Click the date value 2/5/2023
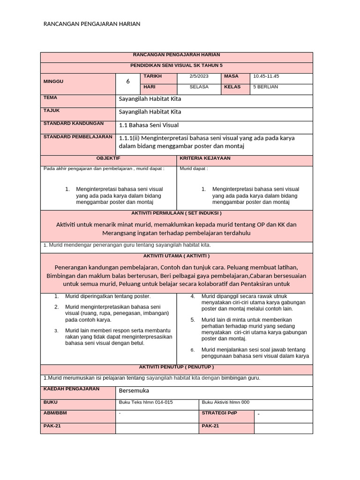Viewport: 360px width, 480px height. click(199, 76)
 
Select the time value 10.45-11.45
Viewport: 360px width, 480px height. click(266, 76)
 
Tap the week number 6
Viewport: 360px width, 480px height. click(128, 82)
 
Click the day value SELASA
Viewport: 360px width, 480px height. click(199, 87)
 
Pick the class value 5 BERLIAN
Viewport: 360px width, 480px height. click(265, 87)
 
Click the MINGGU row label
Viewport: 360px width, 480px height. click(53, 82)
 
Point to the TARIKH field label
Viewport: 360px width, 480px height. click(152, 76)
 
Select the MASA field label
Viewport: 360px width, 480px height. click(231, 76)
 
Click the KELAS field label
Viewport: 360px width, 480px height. click(232, 87)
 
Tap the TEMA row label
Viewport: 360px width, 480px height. click(50, 98)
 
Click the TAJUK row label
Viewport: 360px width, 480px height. click(52, 111)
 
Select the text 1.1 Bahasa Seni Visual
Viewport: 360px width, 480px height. click(149, 125)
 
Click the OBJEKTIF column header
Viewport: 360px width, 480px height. click(108, 158)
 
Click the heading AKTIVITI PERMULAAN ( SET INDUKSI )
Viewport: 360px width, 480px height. click(176, 213)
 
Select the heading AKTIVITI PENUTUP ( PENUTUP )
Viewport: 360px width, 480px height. click(176, 367)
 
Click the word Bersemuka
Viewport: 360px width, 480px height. click(134, 390)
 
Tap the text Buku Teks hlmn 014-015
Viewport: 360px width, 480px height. click(146, 402)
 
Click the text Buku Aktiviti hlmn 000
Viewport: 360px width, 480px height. click(225, 402)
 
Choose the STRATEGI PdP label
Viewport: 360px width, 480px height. click(219, 413)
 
